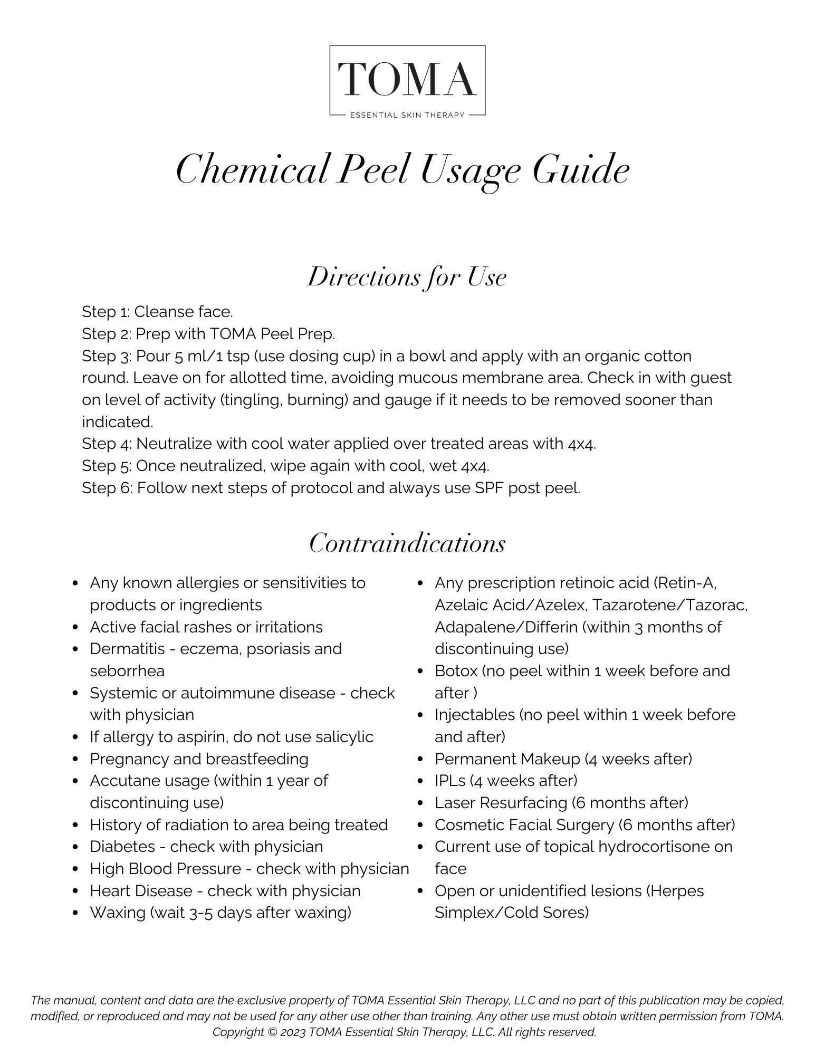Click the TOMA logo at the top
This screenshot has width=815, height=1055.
(x=407, y=79)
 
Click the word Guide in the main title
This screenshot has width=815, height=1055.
(x=581, y=170)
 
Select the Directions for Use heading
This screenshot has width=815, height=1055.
(x=407, y=277)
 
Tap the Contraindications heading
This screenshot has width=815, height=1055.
(x=407, y=543)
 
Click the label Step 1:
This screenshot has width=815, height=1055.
(x=106, y=312)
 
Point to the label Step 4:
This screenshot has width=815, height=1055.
(x=107, y=444)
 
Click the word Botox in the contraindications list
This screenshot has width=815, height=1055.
(x=456, y=671)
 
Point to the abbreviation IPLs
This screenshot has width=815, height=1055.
(x=450, y=781)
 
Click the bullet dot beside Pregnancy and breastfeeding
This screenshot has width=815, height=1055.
(x=76, y=760)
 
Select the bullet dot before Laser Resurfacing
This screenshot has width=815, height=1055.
(x=421, y=803)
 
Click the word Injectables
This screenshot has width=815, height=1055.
(x=475, y=715)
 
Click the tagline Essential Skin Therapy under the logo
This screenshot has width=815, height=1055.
(x=407, y=115)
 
